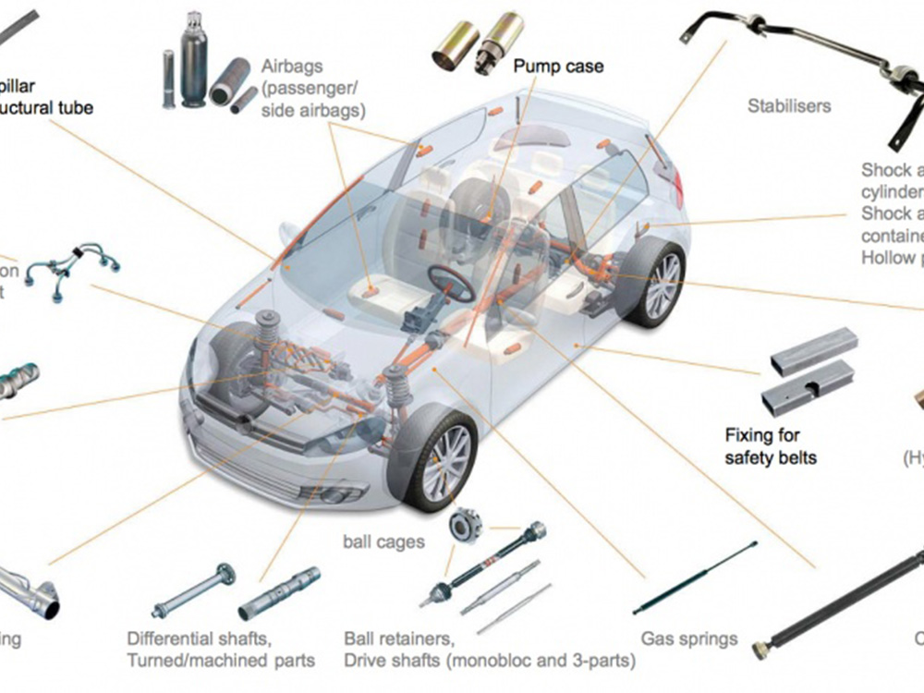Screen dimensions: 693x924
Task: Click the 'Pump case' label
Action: click(x=558, y=67)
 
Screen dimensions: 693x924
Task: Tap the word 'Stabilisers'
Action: click(x=788, y=106)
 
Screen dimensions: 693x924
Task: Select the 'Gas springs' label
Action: click(x=689, y=638)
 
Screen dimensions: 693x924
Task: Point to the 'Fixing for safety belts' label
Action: click(x=771, y=445)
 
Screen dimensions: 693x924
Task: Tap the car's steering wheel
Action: click(x=451, y=283)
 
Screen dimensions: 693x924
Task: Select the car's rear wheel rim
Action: click(x=662, y=286)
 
